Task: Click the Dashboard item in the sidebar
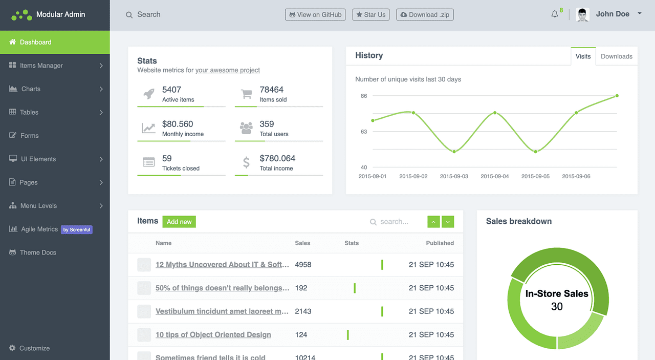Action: pyautogui.click(x=35, y=43)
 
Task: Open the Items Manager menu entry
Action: pyautogui.click(x=41, y=66)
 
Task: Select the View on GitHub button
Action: pyautogui.click(x=315, y=15)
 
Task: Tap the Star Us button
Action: pyautogui.click(x=371, y=15)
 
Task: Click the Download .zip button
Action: pyautogui.click(x=425, y=15)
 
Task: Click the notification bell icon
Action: pyautogui.click(x=555, y=14)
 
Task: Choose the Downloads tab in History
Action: pyautogui.click(x=616, y=56)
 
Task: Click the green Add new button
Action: pyautogui.click(x=179, y=222)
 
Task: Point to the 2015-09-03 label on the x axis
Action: pyautogui.click(x=454, y=176)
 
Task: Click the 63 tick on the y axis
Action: pyautogui.click(x=364, y=132)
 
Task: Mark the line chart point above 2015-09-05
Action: pyautogui.click(x=536, y=152)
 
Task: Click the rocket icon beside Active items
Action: pyautogui.click(x=148, y=94)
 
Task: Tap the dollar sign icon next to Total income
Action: pyautogui.click(x=246, y=163)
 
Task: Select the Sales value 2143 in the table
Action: pyautogui.click(x=303, y=311)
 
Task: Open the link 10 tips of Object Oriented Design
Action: pyautogui.click(x=213, y=335)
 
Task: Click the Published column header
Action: pyautogui.click(x=440, y=243)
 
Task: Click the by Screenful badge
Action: pyautogui.click(x=77, y=230)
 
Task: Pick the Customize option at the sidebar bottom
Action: pyautogui.click(x=34, y=348)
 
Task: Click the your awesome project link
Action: pyautogui.click(x=228, y=70)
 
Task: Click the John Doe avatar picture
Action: pyautogui.click(x=582, y=14)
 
